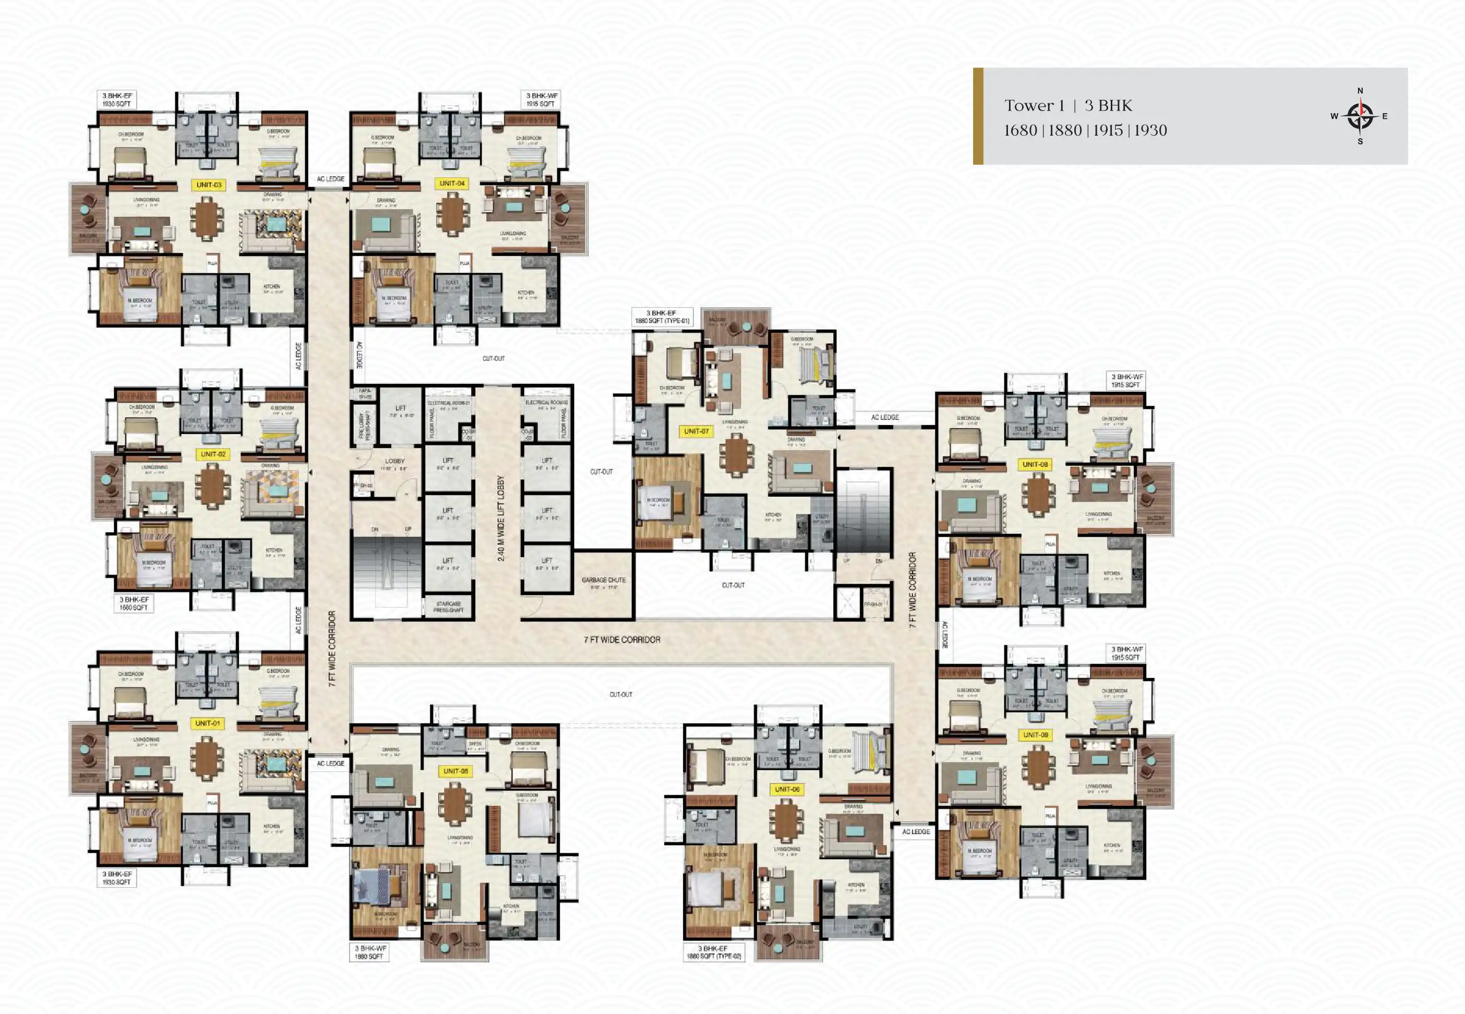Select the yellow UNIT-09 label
[x=1035, y=734]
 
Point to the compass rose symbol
[x=1360, y=116]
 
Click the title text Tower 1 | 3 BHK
[x=1068, y=105]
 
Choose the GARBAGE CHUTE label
[x=603, y=583]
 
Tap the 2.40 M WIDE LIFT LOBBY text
[x=501, y=518]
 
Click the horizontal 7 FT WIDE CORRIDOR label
[x=622, y=640]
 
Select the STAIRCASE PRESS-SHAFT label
[x=449, y=607]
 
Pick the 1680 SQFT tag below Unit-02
[x=134, y=603]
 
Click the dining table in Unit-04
[x=452, y=213]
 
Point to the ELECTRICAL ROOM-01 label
[x=449, y=403]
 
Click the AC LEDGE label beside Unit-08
[x=884, y=417]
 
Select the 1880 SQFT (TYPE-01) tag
[x=662, y=317]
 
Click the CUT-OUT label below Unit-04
[x=493, y=358]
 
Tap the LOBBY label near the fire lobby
[x=394, y=461]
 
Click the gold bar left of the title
[x=978, y=116]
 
